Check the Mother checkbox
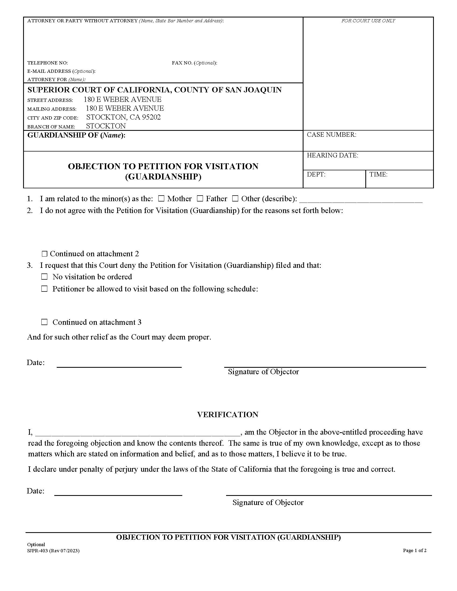[x=161, y=199]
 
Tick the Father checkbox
[x=200, y=199]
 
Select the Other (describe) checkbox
[x=235, y=199]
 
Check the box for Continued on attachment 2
[x=45, y=254]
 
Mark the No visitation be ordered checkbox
[x=44, y=276]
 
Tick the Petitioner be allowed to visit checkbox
[x=44, y=289]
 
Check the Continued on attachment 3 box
[x=44, y=322]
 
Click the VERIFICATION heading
[x=228, y=415]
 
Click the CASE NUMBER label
[x=331, y=135]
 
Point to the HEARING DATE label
[x=332, y=155]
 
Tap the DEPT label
[x=316, y=174]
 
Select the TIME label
[x=379, y=174]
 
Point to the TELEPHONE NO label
[x=47, y=63]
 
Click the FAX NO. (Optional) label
[x=194, y=63]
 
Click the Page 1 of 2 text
[x=415, y=550]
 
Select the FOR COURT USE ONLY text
[x=368, y=21]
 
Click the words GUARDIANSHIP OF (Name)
[x=76, y=135]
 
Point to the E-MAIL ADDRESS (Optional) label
[x=61, y=71]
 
